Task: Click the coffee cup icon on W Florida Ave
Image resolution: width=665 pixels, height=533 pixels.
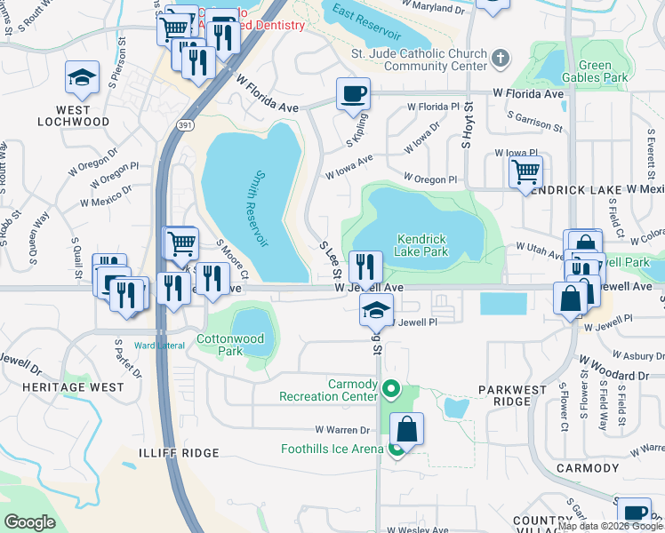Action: pyautogui.click(x=353, y=93)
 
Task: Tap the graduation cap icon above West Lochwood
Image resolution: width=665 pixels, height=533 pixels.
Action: pyautogui.click(x=82, y=78)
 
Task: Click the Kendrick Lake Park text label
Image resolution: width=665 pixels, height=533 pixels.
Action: pyautogui.click(x=421, y=245)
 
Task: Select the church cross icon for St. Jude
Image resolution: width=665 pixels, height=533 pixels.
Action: pyautogui.click(x=501, y=60)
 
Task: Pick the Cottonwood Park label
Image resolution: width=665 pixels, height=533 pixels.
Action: pyautogui.click(x=219, y=346)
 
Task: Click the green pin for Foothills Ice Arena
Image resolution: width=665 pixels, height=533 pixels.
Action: pyautogui.click(x=397, y=449)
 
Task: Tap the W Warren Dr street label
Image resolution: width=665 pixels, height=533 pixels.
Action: pyautogui.click(x=338, y=430)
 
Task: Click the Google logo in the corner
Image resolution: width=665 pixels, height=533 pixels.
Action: pyautogui.click(x=30, y=521)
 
